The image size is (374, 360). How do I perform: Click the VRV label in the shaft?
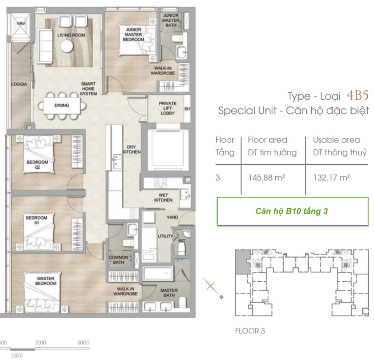tap(21, 23)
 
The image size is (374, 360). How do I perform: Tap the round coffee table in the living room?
tap(67, 46)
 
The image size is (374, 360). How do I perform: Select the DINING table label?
tap(62, 105)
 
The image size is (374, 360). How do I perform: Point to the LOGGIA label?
tap(19, 84)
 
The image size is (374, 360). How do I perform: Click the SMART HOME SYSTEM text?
tap(88, 89)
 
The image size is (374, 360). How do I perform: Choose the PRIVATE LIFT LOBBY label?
tap(168, 108)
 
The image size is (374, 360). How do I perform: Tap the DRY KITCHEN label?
tap(131, 149)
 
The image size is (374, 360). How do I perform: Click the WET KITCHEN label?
tap(163, 198)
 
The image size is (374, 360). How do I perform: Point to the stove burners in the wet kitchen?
tap(160, 183)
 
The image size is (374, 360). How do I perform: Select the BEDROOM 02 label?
tap(37, 164)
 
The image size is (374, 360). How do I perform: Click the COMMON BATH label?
tap(118, 260)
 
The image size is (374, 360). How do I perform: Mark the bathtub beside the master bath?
tap(158, 273)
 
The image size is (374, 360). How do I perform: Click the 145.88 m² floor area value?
tap(267, 178)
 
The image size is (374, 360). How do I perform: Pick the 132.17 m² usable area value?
tap(332, 178)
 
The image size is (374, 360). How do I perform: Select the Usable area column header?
tap(337, 140)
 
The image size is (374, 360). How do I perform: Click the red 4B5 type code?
tap(357, 95)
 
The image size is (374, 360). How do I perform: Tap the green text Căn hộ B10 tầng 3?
tap(292, 211)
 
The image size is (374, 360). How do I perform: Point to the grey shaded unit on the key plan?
tap(243, 262)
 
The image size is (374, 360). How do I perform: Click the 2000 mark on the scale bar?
tap(40, 342)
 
